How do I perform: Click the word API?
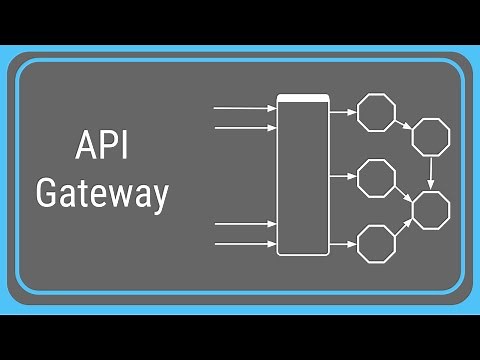(x=102, y=148)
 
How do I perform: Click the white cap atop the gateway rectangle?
(x=302, y=98)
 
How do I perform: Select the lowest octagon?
(x=377, y=243)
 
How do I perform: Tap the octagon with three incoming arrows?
(x=431, y=210)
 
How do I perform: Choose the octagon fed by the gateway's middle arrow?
(x=377, y=178)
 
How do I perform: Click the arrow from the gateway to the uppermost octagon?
(x=342, y=110)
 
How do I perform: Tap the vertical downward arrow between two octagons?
(x=431, y=172)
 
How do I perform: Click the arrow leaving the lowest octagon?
(x=404, y=227)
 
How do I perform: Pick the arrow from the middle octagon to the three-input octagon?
(x=404, y=194)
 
